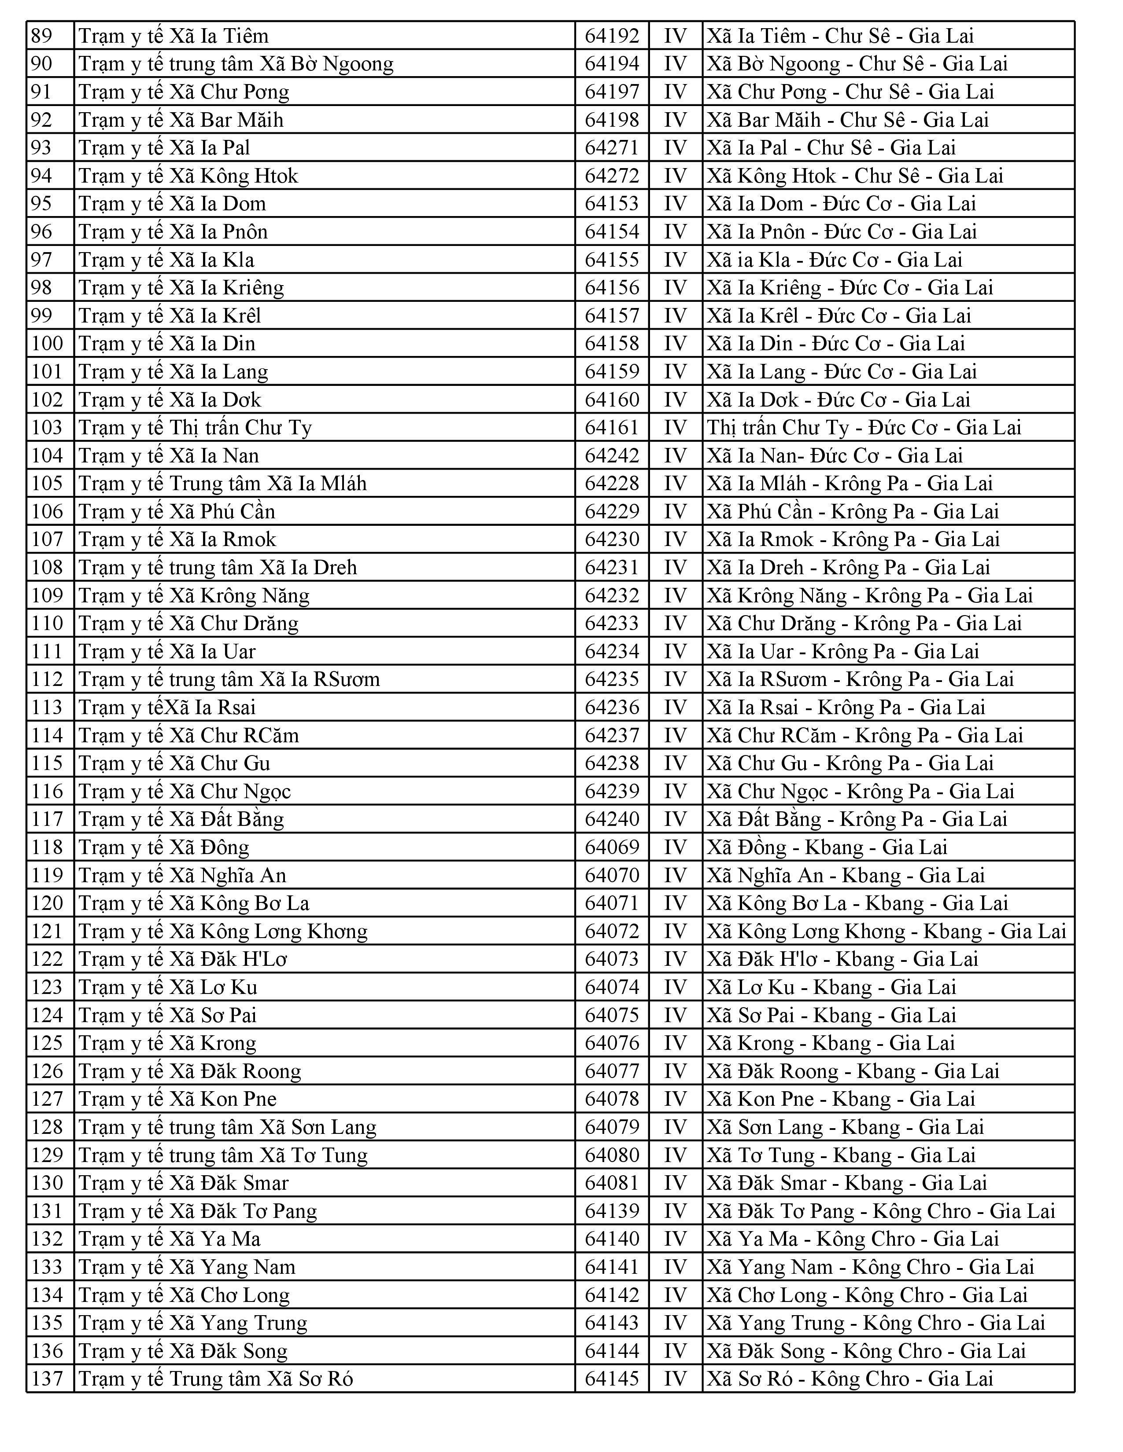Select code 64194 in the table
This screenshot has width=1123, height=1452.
[x=611, y=64]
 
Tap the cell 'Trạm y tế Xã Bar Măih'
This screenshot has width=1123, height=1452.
[x=181, y=120]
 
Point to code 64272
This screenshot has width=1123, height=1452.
[x=611, y=176]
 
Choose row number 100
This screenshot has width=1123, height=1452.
[x=47, y=344]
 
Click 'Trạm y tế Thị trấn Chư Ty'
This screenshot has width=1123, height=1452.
[x=195, y=428]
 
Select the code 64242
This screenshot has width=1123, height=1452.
[x=611, y=455]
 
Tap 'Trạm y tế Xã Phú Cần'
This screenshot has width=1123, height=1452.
[x=177, y=511]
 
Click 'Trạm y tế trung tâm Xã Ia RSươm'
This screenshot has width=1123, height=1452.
[x=229, y=679]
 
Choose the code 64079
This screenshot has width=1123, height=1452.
[x=611, y=1127]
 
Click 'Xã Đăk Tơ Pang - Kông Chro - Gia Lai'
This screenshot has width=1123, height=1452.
[x=881, y=1211]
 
